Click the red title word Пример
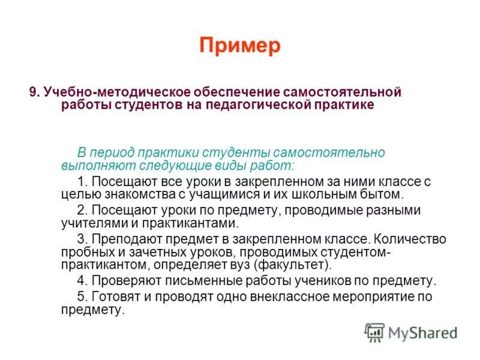[x=240, y=46]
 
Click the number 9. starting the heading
[x=35, y=93]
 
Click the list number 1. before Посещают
[x=83, y=181]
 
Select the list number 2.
[x=83, y=210]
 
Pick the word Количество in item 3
[x=412, y=239]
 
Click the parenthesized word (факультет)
[x=293, y=264]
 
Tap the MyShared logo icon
[x=374, y=332]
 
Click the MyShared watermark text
[x=422, y=332]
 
